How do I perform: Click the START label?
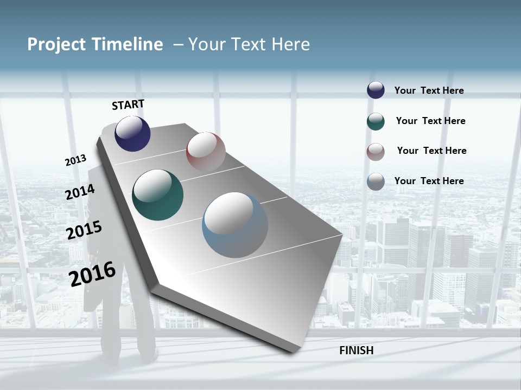(x=128, y=105)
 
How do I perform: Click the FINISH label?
(x=356, y=350)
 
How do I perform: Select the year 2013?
(x=75, y=160)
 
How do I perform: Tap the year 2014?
(x=80, y=192)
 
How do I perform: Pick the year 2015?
(x=84, y=230)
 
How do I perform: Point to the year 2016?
(x=92, y=274)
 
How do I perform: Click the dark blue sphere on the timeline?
(x=132, y=133)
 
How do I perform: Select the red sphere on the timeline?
(x=206, y=151)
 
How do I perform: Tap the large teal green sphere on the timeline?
(x=157, y=195)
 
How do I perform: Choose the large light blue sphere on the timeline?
(x=234, y=225)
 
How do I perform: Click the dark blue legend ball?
(x=376, y=90)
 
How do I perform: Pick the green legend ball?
(x=376, y=121)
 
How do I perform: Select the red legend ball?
(x=376, y=152)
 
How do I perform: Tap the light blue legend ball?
(x=376, y=181)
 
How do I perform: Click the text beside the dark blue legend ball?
(x=429, y=90)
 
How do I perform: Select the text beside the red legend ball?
(x=431, y=151)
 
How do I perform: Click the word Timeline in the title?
(x=128, y=44)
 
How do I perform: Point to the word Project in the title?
(x=58, y=44)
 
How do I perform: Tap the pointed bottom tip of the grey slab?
(x=293, y=352)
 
